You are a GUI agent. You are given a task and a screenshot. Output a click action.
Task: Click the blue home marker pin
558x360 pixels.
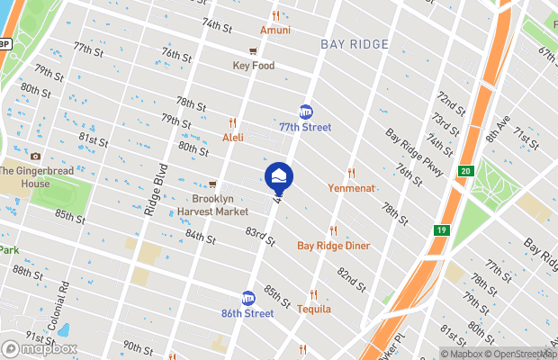[279, 176]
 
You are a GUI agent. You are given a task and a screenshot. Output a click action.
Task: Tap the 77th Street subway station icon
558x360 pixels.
[306, 112]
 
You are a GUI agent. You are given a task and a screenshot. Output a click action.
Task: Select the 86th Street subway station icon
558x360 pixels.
[248, 298]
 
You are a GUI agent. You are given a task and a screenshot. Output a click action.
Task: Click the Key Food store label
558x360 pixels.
[254, 66]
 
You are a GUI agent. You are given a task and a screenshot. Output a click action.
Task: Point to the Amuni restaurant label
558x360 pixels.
[275, 30]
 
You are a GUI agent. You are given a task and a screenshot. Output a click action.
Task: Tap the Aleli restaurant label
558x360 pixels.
[232, 137]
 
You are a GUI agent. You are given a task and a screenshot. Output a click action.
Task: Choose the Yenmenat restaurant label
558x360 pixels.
[351, 188]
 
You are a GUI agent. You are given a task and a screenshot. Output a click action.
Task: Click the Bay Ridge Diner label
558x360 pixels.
[333, 245]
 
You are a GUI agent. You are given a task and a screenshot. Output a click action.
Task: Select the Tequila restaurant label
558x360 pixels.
[313, 309]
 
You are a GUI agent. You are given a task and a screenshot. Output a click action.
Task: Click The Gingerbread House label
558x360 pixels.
[37, 177]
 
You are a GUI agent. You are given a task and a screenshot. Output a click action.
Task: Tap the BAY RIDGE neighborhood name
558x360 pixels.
[355, 44]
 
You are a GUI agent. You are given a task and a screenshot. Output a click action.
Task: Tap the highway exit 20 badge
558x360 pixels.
[464, 171]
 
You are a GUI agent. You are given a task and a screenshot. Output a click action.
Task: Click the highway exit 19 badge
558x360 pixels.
[441, 230]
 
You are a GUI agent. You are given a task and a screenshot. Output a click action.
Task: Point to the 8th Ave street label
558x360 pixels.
[494, 126]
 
